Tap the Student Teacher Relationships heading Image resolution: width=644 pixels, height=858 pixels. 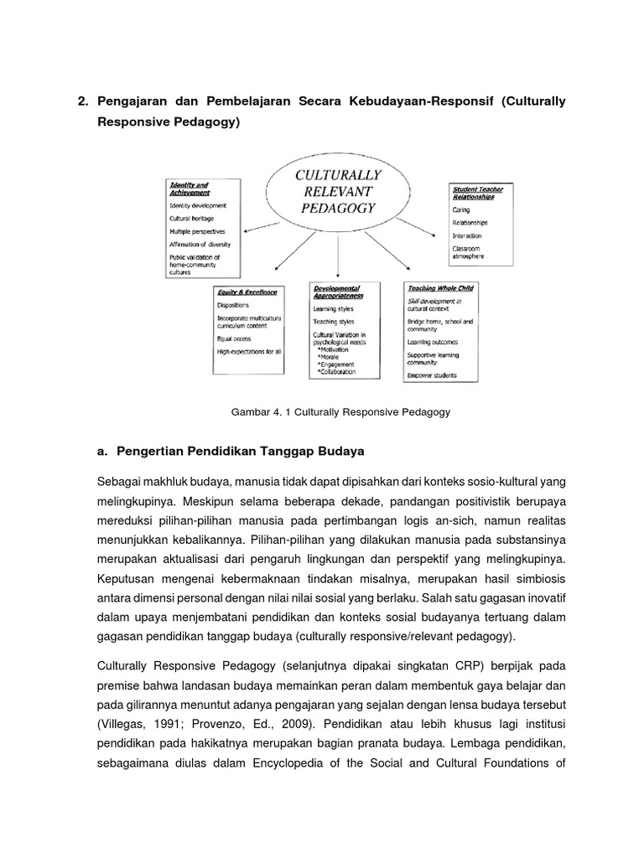tap(477, 194)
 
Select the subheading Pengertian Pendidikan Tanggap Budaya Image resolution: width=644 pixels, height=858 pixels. tap(238, 452)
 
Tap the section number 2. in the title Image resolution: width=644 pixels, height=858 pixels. tap(83, 101)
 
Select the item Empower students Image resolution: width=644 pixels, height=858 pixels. tap(433, 375)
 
